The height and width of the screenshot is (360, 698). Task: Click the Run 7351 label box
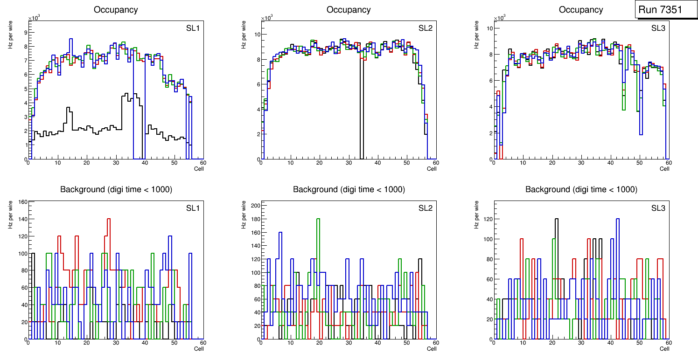(x=663, y=10)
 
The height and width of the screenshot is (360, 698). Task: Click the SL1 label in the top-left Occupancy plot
(x=193, y=28)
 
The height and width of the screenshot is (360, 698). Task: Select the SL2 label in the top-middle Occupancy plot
(x=425, y=28)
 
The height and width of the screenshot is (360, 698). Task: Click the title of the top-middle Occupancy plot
(x=349, y=10)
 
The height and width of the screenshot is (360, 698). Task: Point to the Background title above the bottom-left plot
(x=116, y=189)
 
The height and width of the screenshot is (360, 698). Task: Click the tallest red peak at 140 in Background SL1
(x=109, y=219)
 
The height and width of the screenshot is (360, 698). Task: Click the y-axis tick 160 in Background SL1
(x=23, y=202)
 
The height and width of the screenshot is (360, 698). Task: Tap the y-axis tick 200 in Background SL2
(x=255, y=205)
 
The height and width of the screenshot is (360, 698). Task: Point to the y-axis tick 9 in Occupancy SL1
(x=25, y=32)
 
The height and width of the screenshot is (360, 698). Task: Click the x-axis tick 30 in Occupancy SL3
(x=581, y=163)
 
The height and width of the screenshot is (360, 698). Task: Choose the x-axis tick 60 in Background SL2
(x=435, y=343)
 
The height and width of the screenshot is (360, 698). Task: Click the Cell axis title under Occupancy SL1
(x=199, y=169)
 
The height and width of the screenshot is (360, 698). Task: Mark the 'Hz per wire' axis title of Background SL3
(x=476, y=215)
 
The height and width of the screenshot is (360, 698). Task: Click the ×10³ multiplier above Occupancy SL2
(x=267, y=18)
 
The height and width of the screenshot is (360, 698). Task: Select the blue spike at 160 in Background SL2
(x=280, y=232)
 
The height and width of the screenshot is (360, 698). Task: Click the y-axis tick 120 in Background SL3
(x=488, y=219)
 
